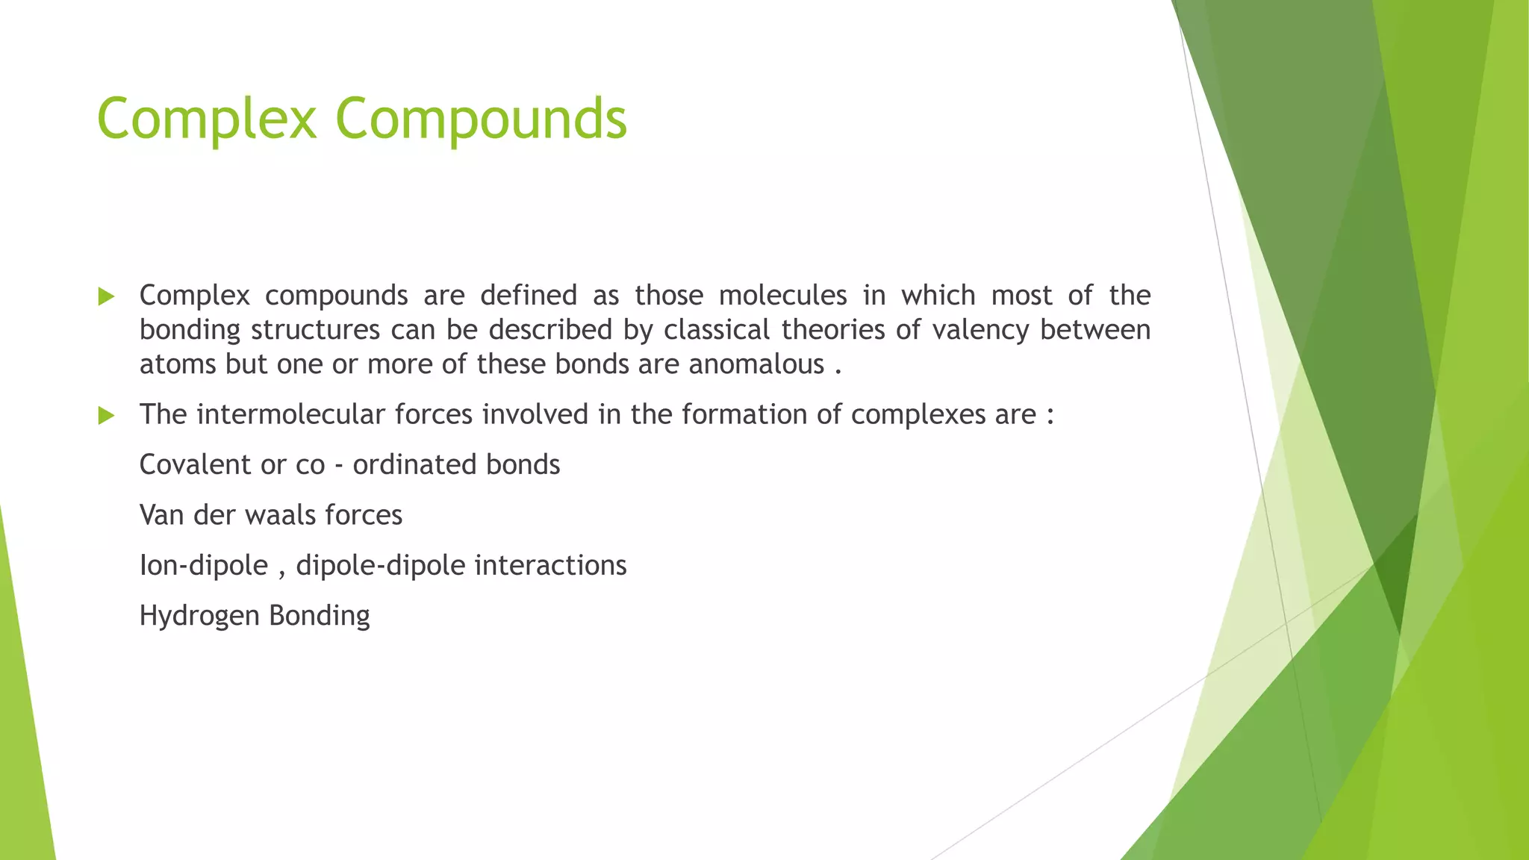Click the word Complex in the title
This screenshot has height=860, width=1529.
[x=207, y=119]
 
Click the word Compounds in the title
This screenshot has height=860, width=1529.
[x=481, y=119]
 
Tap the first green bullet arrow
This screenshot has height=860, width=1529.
[x=106, y=297]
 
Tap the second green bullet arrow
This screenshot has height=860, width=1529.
[x=106, y=416]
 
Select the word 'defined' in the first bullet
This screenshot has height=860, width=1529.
[x=529, y=296]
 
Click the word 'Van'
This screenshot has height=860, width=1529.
[x=162, y=515]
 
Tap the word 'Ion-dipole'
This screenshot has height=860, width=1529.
[x=204, y=566]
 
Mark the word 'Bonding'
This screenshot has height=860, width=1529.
[x=320, y=617]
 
